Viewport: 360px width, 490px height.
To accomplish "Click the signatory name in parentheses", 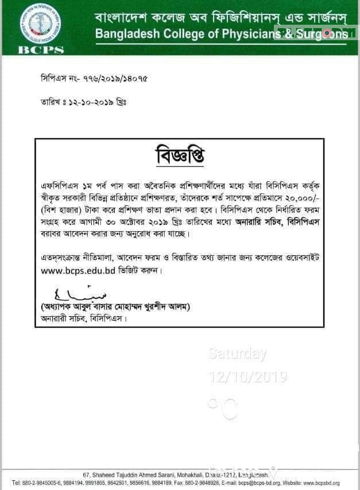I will pyautogui.click(x=115, y=307).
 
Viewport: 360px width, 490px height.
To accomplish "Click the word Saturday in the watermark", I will pyautogui.click(x=237, y=354).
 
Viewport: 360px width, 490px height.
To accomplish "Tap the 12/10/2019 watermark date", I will pyautogui.click(x=247, y=377).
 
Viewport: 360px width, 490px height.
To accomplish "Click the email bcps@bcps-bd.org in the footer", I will pyautogui.click(x=249, y=484).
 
